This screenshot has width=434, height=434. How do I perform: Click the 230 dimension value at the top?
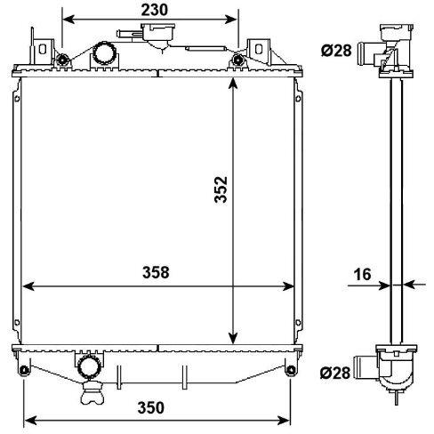(x=154, y=10)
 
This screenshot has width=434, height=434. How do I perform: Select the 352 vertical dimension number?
(x=221, y=189)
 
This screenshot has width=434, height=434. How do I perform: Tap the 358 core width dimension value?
(x=156, y=272)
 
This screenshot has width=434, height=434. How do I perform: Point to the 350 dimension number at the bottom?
(x=150, y=407)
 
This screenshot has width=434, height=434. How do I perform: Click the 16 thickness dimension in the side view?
(x=363, y=274)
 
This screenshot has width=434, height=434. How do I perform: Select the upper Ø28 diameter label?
(x=336, y=51)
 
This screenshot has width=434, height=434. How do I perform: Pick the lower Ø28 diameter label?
(x=335, y=373)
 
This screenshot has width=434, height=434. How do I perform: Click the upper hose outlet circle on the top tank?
(x=104, y=53)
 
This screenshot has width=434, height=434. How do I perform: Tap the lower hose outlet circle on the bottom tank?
(x=88, y=366)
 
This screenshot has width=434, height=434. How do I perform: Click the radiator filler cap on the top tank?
(x=157, y=33)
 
